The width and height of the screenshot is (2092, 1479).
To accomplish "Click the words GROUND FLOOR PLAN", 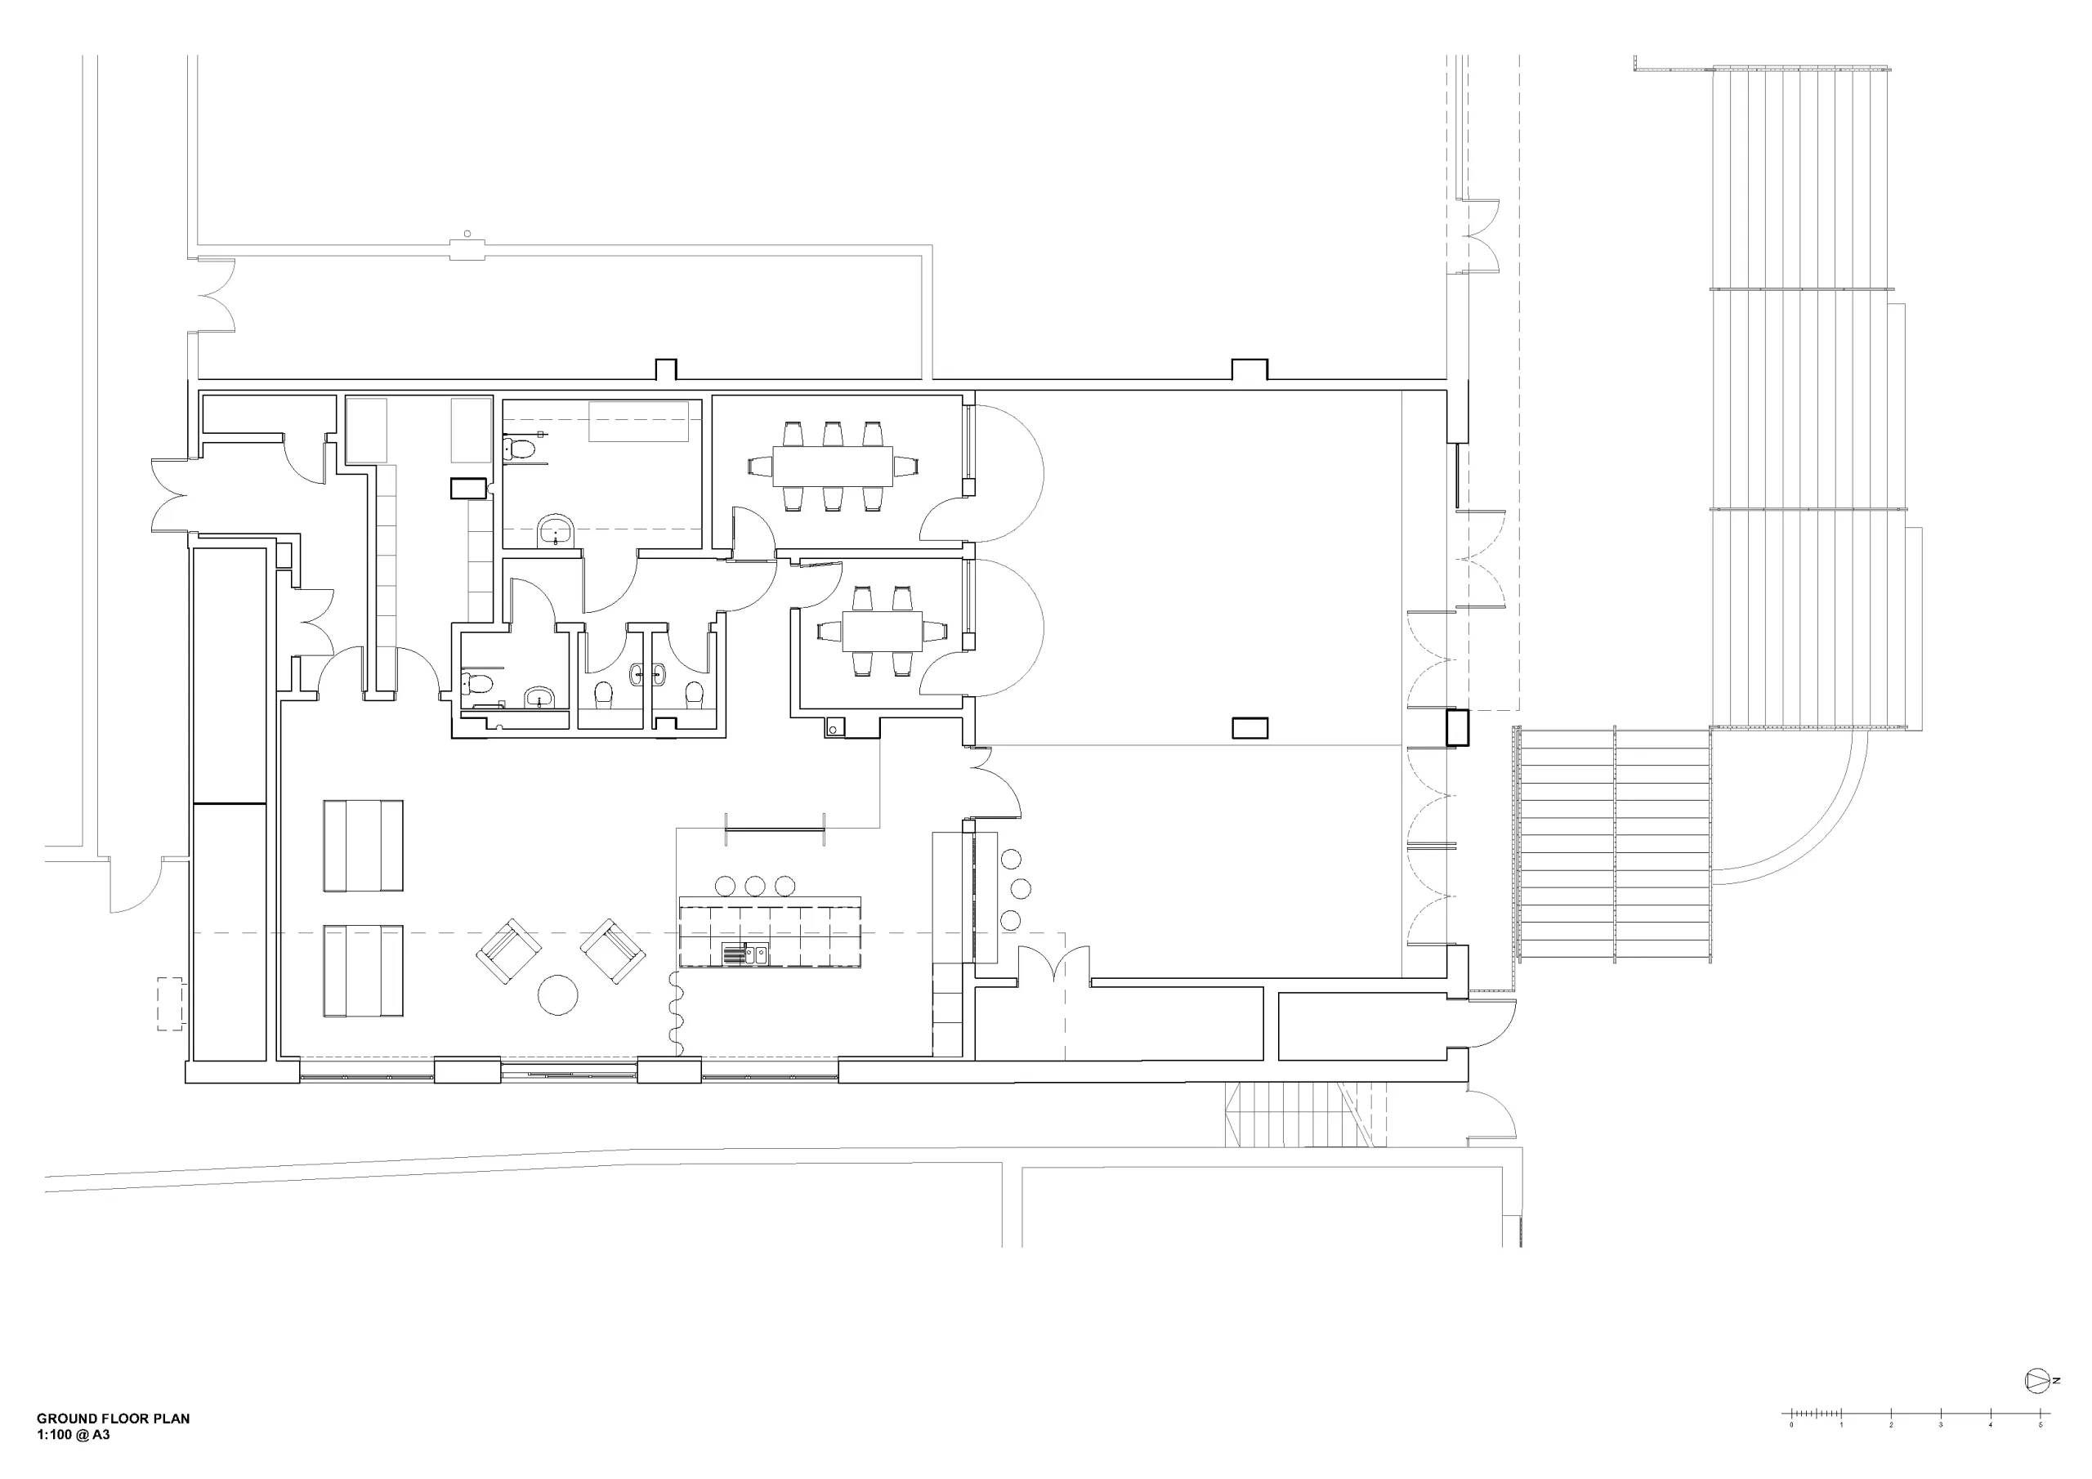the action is pyautogui.click(x=113, y=1418).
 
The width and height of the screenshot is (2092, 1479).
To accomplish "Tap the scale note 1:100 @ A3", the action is pyautogui.click(x=73, y=1434).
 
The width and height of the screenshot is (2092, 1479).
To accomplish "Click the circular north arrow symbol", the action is pyautogui.click(x=2036, y=1406).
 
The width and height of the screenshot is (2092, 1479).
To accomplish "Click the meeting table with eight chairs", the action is pyautogui.click(x=833, y=466).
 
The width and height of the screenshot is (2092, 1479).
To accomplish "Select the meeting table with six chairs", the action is pyautogui.click(x=882, y=631).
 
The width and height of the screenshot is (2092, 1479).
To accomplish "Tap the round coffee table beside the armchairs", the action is pyautogui.click(x=557, y=995).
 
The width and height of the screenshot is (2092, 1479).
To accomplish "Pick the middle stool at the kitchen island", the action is pyautogui.click(x=754, y=886).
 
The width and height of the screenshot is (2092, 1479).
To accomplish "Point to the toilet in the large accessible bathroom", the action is pyautogui.click(x=520, y=449).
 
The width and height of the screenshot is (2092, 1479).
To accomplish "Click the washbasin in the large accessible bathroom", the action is pyautogui.click(x=557, y=531).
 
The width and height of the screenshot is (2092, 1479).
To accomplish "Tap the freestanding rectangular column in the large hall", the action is pyautogui.click(x=1249, y=728).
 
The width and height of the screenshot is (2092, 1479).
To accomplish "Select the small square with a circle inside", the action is pyautogui.click(x=834, y=727).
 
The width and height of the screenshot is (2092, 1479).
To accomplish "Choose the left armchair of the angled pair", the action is pyautogui.click(x=508, y=950).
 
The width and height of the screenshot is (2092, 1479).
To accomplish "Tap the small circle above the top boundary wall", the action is pyautogui.click(x=467, y=235).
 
